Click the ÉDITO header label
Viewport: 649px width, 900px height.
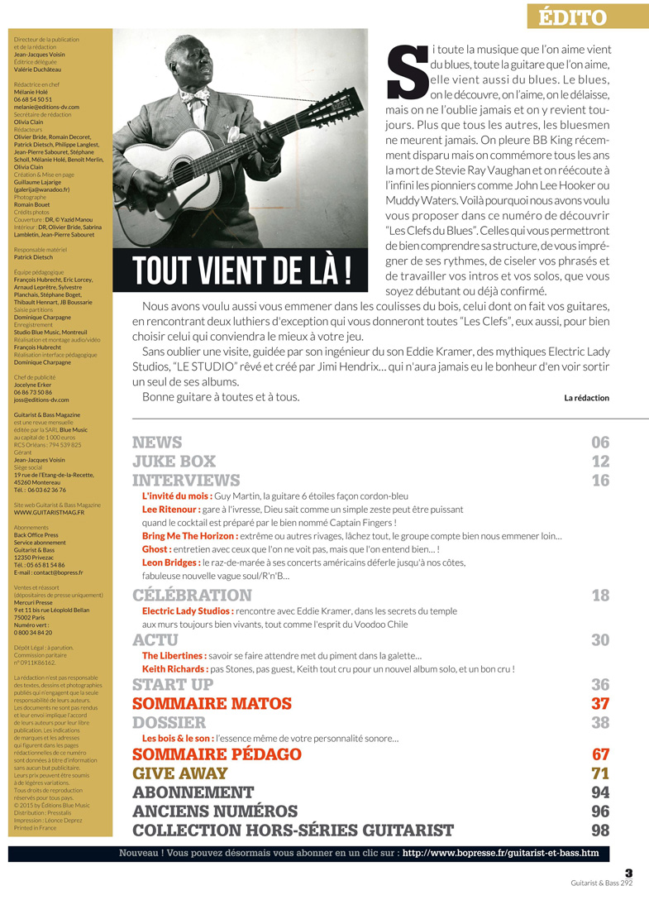[572, 17]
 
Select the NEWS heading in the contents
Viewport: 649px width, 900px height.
[157, 443]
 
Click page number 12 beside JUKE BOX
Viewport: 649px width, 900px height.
[600, 462]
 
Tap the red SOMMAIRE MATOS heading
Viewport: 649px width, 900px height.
[212, 704]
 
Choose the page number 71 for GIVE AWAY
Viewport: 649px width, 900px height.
[600, 773]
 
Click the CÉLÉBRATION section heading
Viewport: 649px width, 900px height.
[192, 596]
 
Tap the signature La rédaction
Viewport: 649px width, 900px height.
[586, 398]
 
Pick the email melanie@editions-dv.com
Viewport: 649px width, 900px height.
[46, 107]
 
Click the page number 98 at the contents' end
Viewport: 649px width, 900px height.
[600, 830]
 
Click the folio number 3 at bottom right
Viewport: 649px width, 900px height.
[628, 872]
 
